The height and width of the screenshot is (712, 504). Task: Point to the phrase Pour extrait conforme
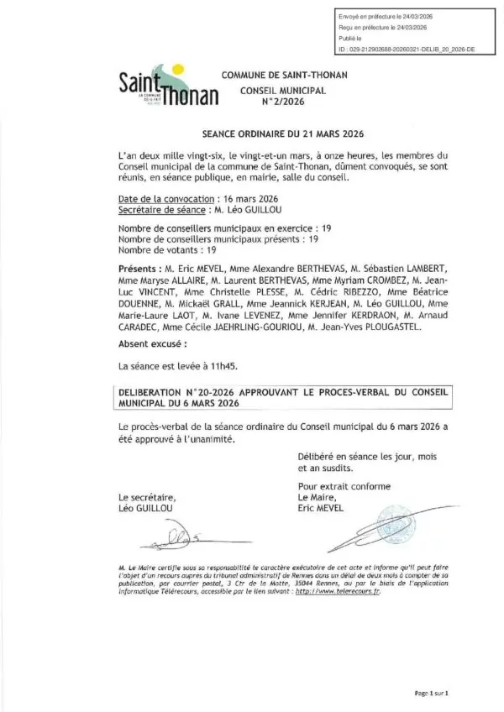tap(337, 487)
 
